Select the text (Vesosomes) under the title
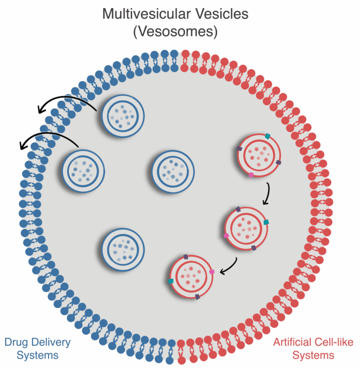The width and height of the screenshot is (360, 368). tap(176, 32)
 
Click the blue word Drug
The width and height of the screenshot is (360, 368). tap(17, 342)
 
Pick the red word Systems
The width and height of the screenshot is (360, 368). tap(313, 355)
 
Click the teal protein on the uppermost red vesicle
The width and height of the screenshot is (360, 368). tap(267, 136)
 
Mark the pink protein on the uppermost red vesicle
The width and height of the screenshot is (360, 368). tap(251, 175)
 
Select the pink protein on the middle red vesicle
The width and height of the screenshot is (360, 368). tap(226, 236)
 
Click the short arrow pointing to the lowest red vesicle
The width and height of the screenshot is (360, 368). tap(227, 268)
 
